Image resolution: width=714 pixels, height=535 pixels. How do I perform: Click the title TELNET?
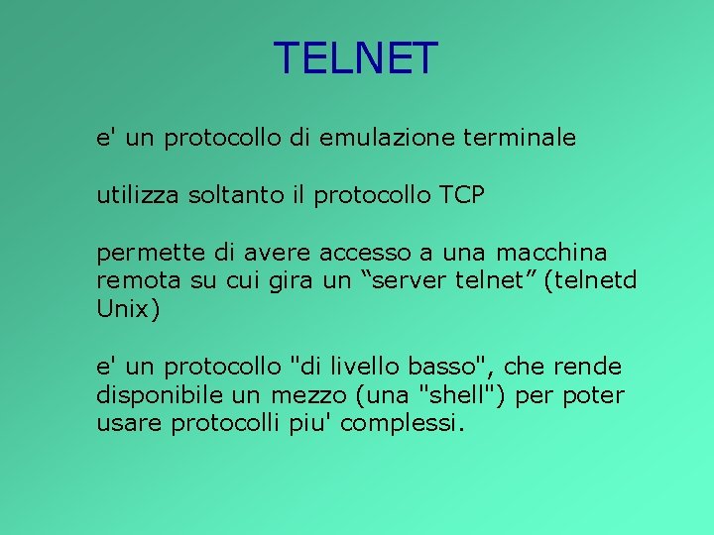[355, 58]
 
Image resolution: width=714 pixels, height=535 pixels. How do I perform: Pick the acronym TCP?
[460, 195]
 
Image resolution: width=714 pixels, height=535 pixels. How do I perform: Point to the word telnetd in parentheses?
[594, 280]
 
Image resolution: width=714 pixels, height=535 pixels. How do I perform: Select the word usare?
[130, 423]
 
